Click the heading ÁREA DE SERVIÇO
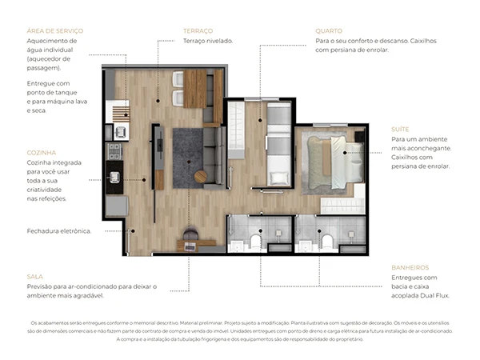point(54,30)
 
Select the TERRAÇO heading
point(198,30)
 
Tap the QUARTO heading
point(331,30)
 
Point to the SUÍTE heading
point(401,129)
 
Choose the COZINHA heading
point(41,152)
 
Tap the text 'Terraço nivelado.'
point(208,40)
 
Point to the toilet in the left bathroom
point(255,239)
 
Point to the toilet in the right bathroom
point(326,239)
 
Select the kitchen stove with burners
point(115,150)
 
